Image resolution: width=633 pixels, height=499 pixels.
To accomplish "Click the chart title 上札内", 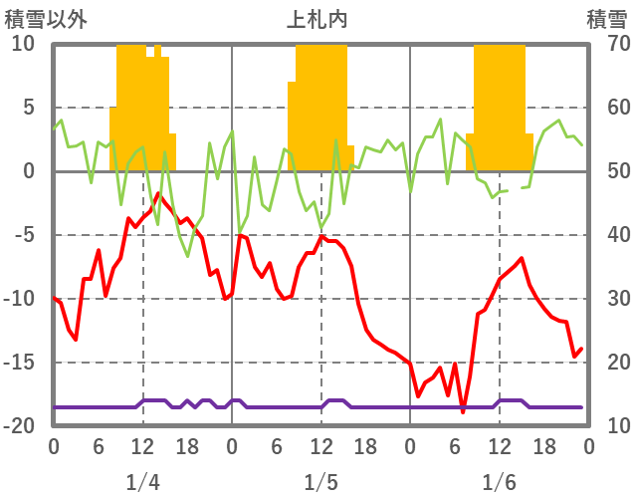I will click(x=317, y=19).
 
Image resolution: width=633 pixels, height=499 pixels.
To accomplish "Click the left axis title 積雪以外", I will click(x=46, y=19).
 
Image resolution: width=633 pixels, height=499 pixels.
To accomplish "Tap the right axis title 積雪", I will click(x=605, y=19).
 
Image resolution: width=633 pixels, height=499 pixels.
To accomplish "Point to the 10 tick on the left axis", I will click(x=23, y=45).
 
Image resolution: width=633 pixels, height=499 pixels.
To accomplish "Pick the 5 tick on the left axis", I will click(x=28, y=109).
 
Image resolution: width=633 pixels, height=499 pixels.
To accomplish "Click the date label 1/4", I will click(x=142, y=483).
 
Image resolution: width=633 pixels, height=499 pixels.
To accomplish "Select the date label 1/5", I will click(x=320, y=483).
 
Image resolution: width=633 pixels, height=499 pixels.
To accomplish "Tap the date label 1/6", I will click(x=499, y=483).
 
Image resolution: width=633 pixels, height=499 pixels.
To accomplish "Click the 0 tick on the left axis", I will click(x=28, y=172).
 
